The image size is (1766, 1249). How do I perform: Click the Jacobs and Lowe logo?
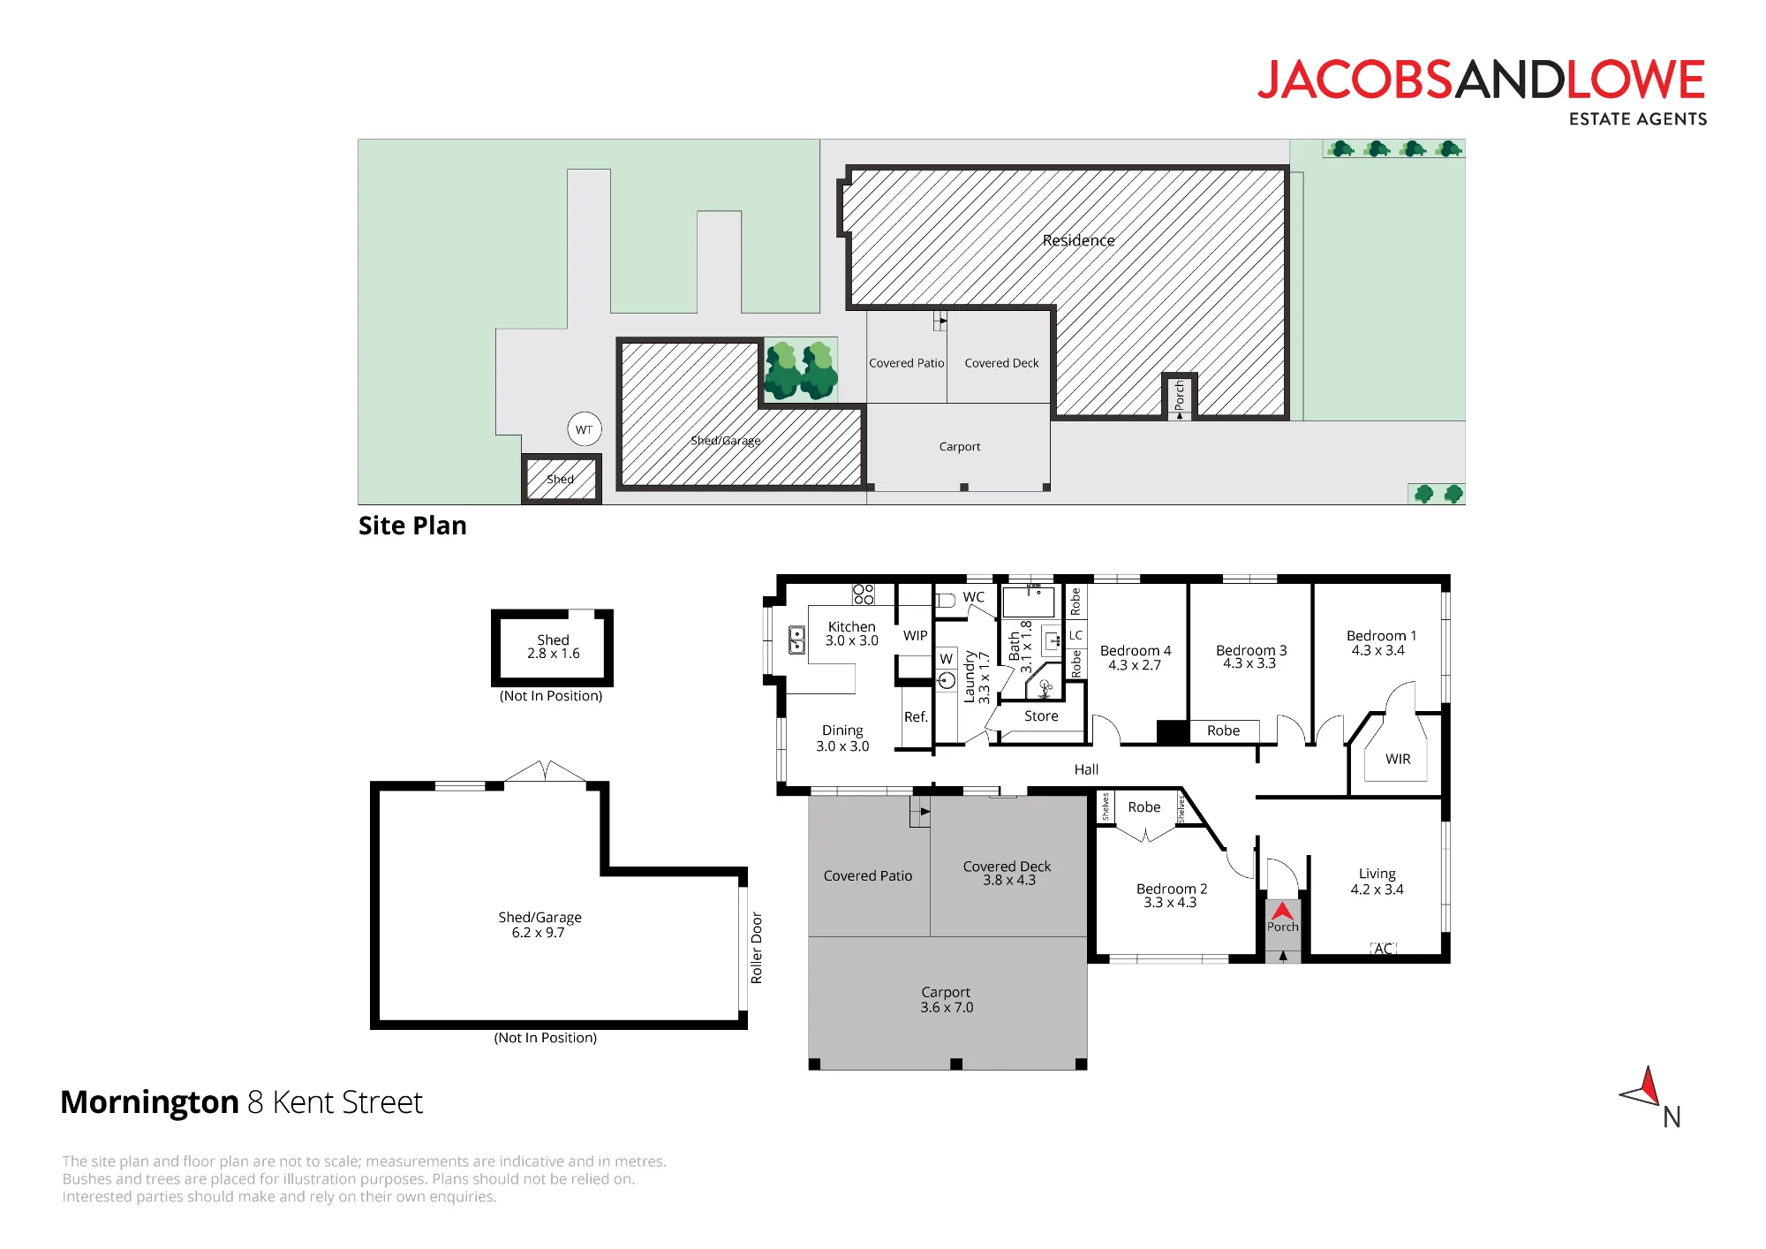(1482, 92)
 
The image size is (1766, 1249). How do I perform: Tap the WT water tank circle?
(584, 429)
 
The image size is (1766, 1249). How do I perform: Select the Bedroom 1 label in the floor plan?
(1381, 636)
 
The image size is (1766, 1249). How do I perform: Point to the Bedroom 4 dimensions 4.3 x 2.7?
(1135, 665)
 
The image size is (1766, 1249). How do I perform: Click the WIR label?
(1398, 759)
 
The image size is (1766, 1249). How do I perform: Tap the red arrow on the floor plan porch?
(1282, 911)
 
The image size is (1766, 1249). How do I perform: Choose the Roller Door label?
(757, 948)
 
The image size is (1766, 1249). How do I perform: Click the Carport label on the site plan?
(960, 447)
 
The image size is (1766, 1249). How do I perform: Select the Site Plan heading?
(412, 526)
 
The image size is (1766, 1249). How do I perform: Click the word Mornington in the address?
(149, 1102)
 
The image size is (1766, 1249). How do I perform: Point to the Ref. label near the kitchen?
(916, 717)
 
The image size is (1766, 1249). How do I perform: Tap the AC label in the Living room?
(1383, 949)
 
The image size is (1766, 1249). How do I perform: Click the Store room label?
(1041, 716)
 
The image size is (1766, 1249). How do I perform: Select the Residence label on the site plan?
(1078, 240)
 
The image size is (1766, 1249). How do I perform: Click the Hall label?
(1086, 769)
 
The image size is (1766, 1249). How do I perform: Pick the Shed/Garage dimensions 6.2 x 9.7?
(538, 933)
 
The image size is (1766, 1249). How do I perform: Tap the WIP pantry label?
(916, 636)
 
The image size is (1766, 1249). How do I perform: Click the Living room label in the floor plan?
(1377, 874)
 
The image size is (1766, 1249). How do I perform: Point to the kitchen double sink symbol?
(796, 640)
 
